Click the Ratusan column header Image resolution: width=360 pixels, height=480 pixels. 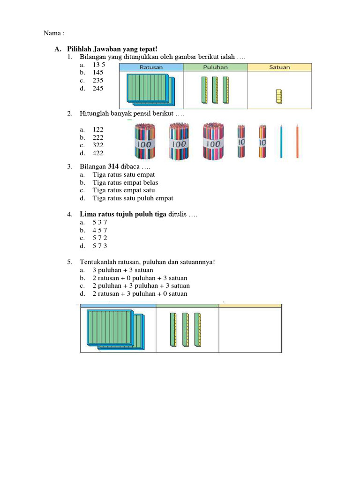[x=151, y=67]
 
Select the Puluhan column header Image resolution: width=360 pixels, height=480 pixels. [x=215, y=67]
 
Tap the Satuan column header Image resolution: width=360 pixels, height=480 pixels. [x=279, y=67]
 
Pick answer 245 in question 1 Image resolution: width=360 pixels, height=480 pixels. [x=98, y=88]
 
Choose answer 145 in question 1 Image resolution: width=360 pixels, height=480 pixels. [x=98, y=72]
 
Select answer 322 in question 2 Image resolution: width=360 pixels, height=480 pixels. [x=98, y=145]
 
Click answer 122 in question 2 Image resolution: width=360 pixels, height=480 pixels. [x=98, y=129]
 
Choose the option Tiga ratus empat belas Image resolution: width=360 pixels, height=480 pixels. [x=125, y=182]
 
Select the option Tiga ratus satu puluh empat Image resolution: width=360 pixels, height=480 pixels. [x=133, y=198]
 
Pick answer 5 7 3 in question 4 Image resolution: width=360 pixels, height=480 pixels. [x=100, y=246]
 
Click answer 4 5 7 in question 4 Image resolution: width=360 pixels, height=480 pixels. [x=100, y=230]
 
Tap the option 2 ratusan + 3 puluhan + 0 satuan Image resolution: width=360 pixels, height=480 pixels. [x=140, y=293]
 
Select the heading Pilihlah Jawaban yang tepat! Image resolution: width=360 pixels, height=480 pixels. [x=112, y=49]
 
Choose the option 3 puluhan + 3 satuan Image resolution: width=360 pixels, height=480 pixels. [x=123, y=270]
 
